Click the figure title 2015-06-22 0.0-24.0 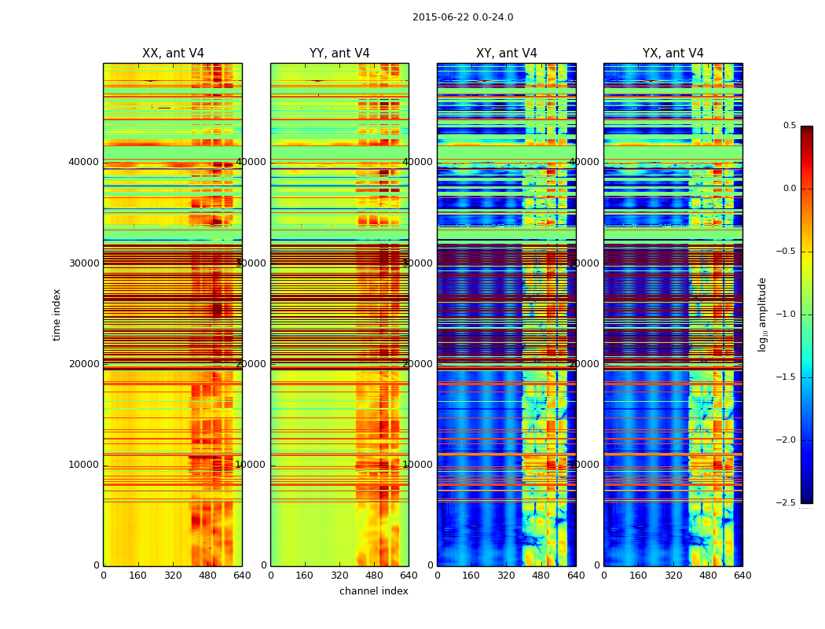[x=463, y=17]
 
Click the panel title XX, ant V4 [x=173, y=53]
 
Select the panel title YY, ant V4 [x=339, y=53]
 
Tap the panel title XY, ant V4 [x=507, y=53]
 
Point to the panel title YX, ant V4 [x=673, y=53]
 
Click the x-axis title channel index [x=374, y=591]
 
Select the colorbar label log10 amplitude [x=762, y=314]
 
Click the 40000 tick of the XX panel [x=84, y=162]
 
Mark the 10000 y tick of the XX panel [x=84, y=465]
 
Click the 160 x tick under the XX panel [x=137, y=576]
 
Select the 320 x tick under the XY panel [x=506, y=576]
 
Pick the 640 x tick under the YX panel [x=742, y=576]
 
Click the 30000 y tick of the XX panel [x=84, y=263]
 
